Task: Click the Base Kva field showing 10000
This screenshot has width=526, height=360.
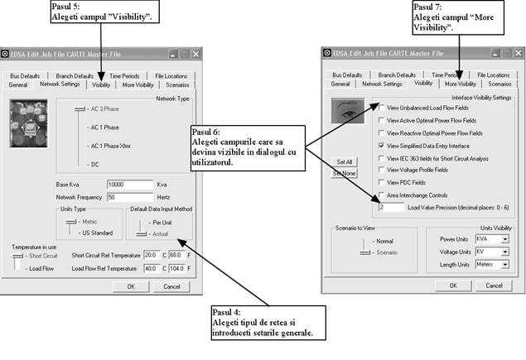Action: (x=130, y=185)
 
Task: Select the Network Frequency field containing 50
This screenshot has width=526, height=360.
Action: (x=130, y=197)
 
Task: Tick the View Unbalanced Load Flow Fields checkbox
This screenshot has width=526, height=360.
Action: (x=381, y=108)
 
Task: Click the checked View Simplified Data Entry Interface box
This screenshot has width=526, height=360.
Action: (x=381, y=145)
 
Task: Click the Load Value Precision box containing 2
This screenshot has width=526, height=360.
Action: (x=392, y=206)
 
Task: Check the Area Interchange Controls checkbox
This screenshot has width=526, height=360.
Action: (x=381, y=194)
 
